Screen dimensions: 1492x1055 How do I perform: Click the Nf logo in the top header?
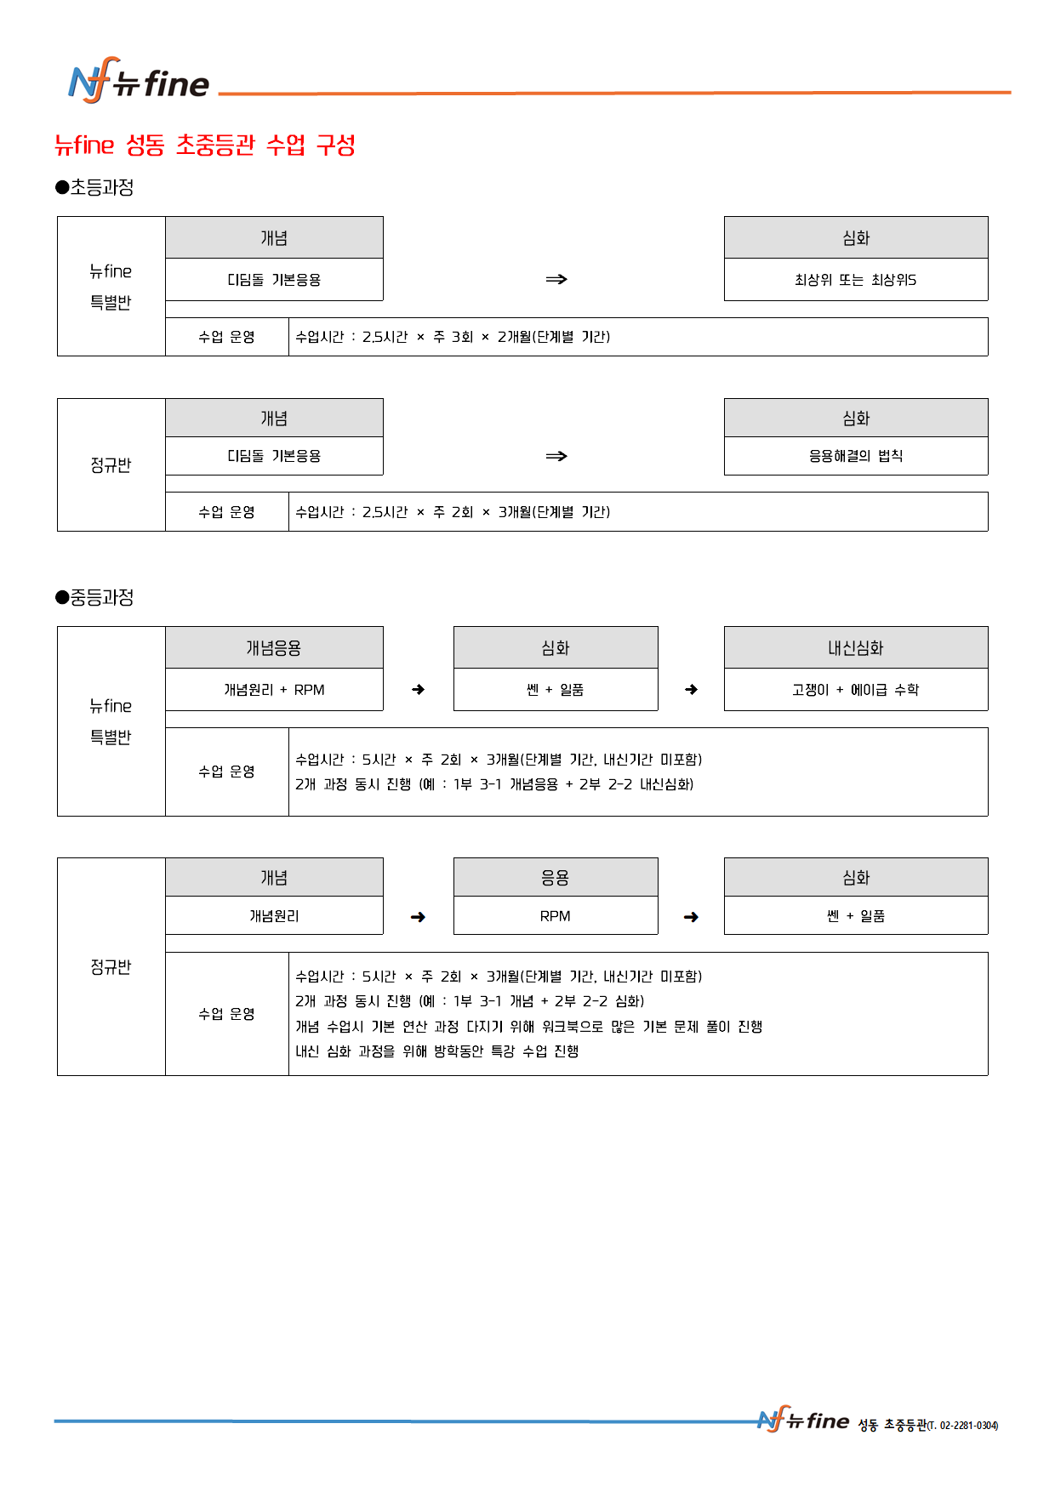(90, 82)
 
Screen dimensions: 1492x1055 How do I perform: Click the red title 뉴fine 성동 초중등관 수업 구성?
(204, 145)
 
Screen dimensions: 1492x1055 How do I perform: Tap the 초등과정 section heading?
(94, 187)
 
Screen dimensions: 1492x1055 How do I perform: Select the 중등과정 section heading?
(94, 597)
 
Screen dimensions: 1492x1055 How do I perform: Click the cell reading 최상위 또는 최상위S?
(855, 280)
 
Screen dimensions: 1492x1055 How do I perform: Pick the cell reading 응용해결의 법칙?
(855, 456)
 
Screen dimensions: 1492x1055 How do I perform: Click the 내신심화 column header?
(855, 648)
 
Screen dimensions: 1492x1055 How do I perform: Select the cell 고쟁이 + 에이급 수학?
(855, 690)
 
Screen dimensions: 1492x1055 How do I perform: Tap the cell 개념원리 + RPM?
(274, 690)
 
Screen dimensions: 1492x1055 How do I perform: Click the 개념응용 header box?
(274, 648)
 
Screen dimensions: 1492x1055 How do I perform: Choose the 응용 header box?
(555, 878)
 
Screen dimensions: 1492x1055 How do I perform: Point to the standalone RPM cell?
(555, 916)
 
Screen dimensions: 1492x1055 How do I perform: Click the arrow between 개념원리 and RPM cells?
(418, 917)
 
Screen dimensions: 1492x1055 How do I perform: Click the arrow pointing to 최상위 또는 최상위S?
(556, 279)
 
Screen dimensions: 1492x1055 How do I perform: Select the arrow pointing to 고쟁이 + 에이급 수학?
(691, 690)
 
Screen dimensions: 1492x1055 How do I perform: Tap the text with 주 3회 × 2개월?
(453, 337)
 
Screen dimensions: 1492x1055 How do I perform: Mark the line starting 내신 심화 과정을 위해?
(436, 1051)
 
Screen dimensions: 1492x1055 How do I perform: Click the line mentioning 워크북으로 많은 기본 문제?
(528, 1027)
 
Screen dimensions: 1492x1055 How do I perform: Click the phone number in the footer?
(962, 1425)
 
